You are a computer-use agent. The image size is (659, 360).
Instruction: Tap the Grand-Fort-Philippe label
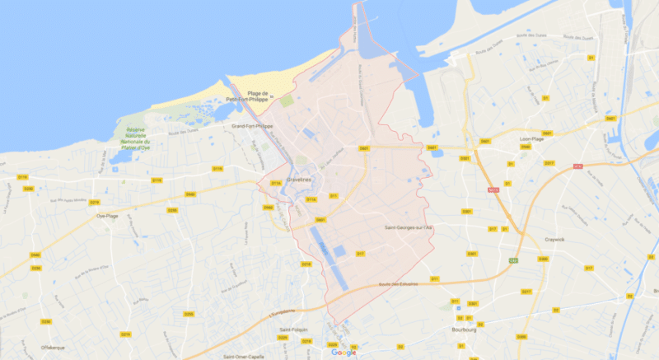coord(253,126)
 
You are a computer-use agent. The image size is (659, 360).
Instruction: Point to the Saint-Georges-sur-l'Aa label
coord(409,227)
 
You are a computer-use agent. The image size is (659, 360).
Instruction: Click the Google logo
coord(344,352)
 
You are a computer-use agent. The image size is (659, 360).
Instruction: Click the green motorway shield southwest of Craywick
coord(513,261)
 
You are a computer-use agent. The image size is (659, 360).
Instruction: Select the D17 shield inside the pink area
coord(359,254)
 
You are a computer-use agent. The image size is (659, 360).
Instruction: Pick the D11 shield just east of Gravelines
coord(334,196)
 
